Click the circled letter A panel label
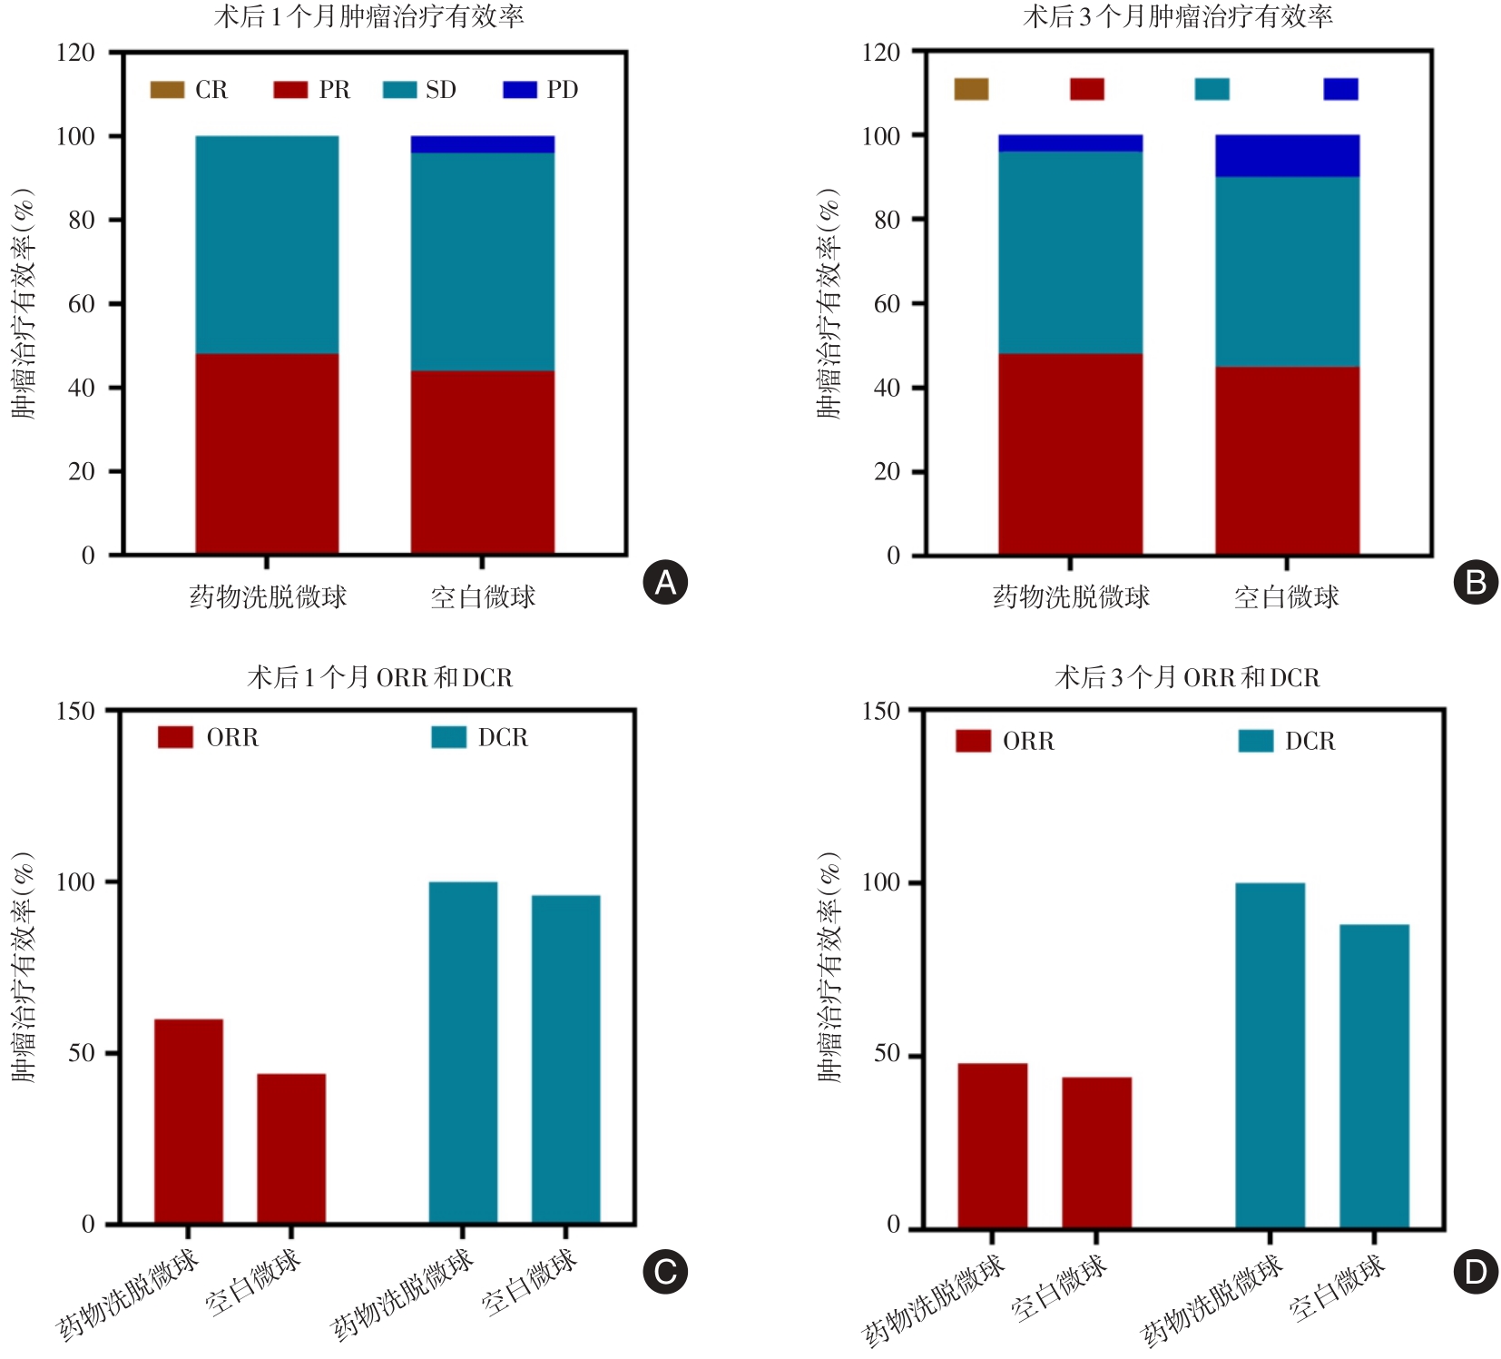point(665,583)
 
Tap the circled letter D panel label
point(1476,1272)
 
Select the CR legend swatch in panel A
point(167,90)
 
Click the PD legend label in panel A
point(562,90)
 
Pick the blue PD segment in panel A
point(482,144)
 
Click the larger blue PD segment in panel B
point(1287,155)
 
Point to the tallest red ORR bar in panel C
point(189,1121)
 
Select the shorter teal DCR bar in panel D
point(1374,1076)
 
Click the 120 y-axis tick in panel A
point(76,53)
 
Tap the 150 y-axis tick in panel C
point(76,711)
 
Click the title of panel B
point(1177,16)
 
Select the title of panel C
point(379,677)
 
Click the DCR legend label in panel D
point(1310,742)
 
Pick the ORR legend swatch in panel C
point(175,737)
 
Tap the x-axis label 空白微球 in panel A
point(482,597)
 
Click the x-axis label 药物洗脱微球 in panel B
point(1071,597)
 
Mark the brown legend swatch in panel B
point(971,89)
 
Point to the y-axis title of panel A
point(24,303)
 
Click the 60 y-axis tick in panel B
point(887,304)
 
